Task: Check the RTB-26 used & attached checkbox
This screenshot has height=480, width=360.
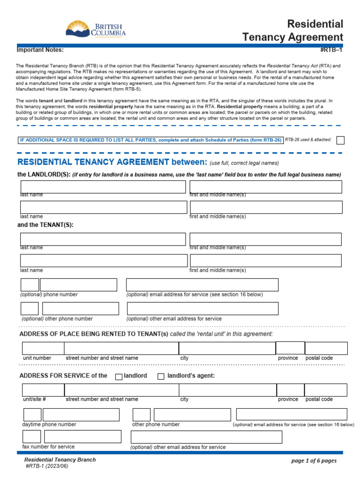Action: (340, 140)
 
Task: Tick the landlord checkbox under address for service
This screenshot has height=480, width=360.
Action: (119, 376)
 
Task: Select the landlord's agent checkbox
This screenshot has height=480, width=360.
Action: (161, 376)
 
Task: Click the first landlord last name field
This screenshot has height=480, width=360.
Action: (103, 187)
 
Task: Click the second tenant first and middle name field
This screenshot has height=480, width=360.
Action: (266, 261)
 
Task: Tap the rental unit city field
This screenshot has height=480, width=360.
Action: (227, 348)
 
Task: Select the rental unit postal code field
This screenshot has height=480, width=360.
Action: (326, 348)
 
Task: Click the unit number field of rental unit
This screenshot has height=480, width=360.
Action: (43, 348)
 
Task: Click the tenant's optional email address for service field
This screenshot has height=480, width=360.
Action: (202, 285)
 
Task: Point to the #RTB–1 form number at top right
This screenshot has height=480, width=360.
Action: (331, 50)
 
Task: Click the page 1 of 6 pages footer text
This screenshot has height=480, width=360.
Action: (314, 461)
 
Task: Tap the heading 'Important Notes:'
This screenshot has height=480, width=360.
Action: (40, 50)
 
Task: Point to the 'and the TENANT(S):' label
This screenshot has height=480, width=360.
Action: (45, 225)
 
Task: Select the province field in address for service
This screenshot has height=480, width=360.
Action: (290, 390)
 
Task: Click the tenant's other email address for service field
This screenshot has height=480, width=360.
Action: (202, 308)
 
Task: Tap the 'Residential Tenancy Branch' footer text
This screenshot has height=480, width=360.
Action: (60, 460)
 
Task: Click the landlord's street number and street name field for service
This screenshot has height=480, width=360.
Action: (121, 390)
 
